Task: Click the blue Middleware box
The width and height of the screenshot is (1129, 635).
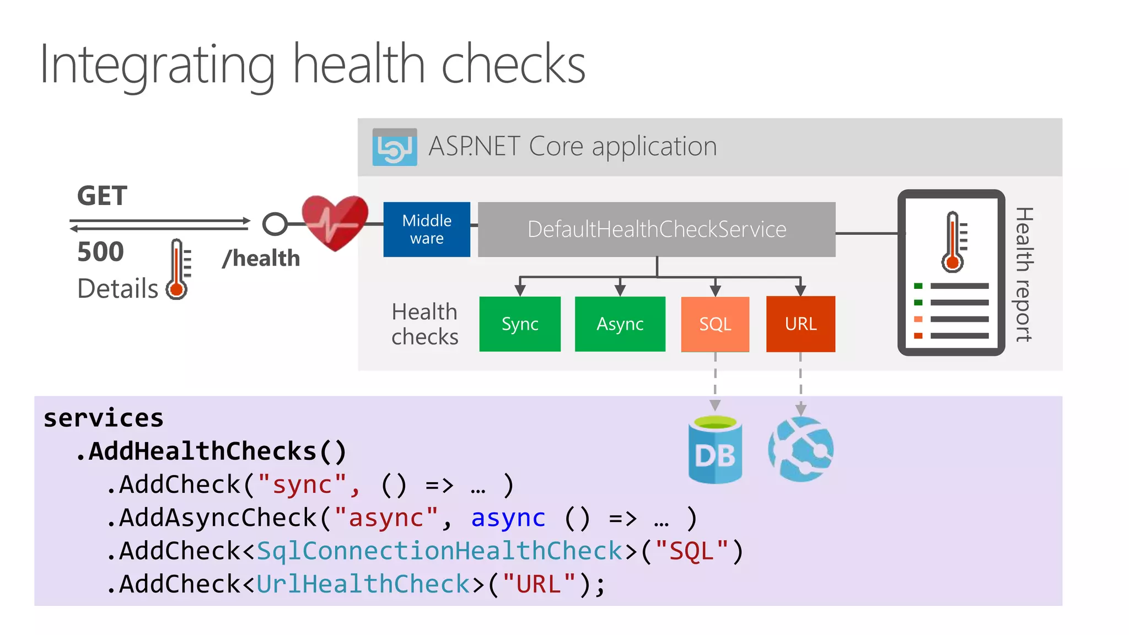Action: tap(427, 229)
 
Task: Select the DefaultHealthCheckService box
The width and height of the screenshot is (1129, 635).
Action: tap(656, 229)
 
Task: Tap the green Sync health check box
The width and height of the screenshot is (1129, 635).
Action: tap(520, 324)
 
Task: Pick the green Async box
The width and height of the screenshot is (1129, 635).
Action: tap(620, 324)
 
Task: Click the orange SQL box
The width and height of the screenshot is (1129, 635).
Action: tap(715, 324)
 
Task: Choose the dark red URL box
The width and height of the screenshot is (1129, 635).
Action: tap(800, 324)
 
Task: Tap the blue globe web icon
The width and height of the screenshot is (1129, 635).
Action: tap(801, 449)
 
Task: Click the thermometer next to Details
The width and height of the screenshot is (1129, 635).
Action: tap(178, 270)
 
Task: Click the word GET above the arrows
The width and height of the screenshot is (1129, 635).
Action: tap(102, 196)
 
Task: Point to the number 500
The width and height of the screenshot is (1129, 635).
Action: tap(100, 252)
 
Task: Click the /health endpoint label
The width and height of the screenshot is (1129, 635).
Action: tap(261, 259)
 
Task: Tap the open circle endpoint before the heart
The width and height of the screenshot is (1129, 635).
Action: tap(275, 224)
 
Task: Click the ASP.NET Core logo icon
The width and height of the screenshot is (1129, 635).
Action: tap(395, 147)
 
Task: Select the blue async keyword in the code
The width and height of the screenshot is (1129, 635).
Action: tap(508, 518)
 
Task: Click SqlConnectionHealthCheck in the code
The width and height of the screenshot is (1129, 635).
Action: tap(439, 551)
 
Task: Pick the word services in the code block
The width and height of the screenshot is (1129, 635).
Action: tap(104, 418)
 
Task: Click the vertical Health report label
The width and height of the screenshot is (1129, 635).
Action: tap(1024, 274)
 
